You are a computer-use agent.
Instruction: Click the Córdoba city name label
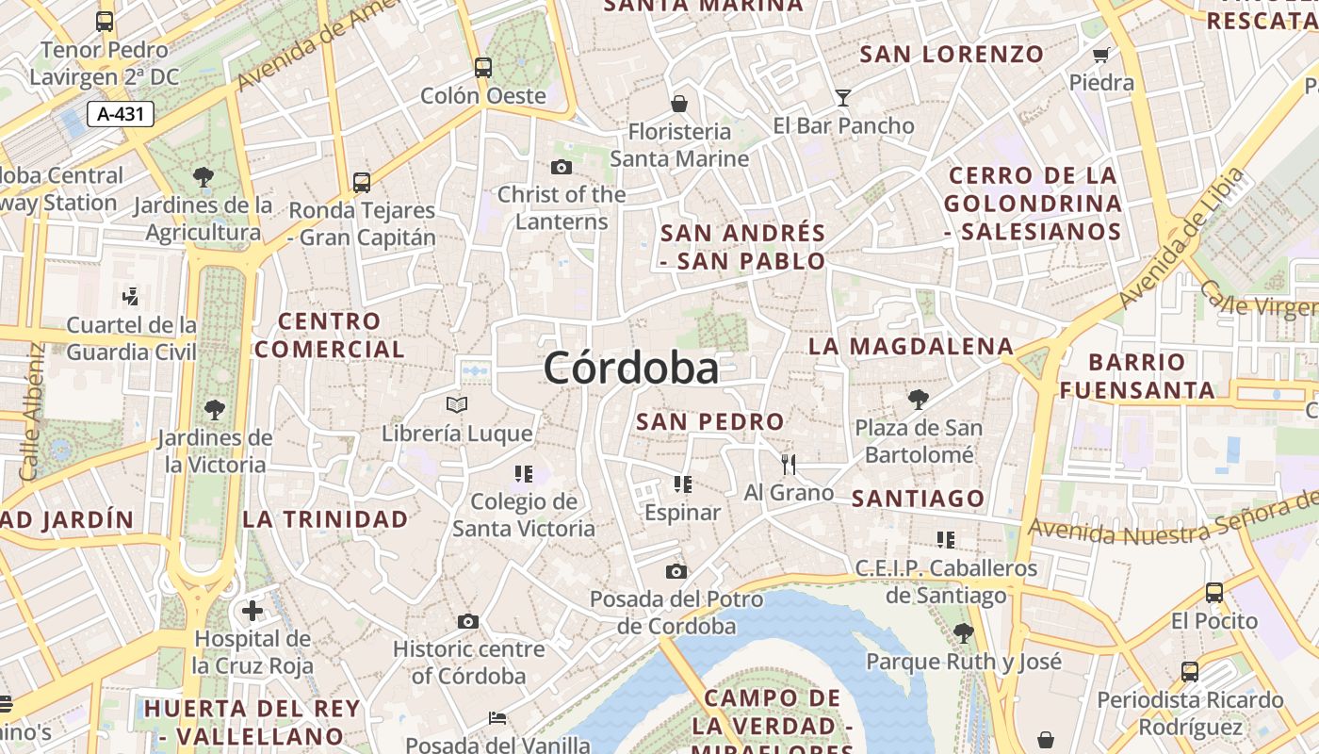(630, 368)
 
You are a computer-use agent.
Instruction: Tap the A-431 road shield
(121, 115)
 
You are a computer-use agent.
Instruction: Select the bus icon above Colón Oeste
(483, 68)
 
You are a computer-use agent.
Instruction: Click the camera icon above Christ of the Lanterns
(562, 168)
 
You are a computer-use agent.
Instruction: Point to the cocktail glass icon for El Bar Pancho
(842, 98)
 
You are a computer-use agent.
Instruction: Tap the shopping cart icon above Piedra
(1100, 55)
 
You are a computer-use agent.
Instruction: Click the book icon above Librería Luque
(457, 405)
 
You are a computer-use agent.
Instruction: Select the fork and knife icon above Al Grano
(789, 464)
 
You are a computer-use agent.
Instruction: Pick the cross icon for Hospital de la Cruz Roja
(252, 611)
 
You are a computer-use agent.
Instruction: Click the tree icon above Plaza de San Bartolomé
(918, 400)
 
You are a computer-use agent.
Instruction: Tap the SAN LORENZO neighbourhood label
(952, 55)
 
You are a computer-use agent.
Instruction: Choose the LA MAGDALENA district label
(910, 347)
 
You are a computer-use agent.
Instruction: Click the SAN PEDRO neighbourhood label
(709, 421)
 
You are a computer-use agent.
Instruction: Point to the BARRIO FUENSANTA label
(1137, 376)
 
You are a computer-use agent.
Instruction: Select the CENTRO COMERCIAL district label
(330, 336)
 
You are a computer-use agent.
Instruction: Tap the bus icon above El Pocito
(1214, 593)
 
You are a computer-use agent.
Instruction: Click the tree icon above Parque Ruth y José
(963, 632)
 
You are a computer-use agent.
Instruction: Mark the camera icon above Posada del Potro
(676, 571)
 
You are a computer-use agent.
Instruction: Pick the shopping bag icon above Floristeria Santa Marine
(678, 103)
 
